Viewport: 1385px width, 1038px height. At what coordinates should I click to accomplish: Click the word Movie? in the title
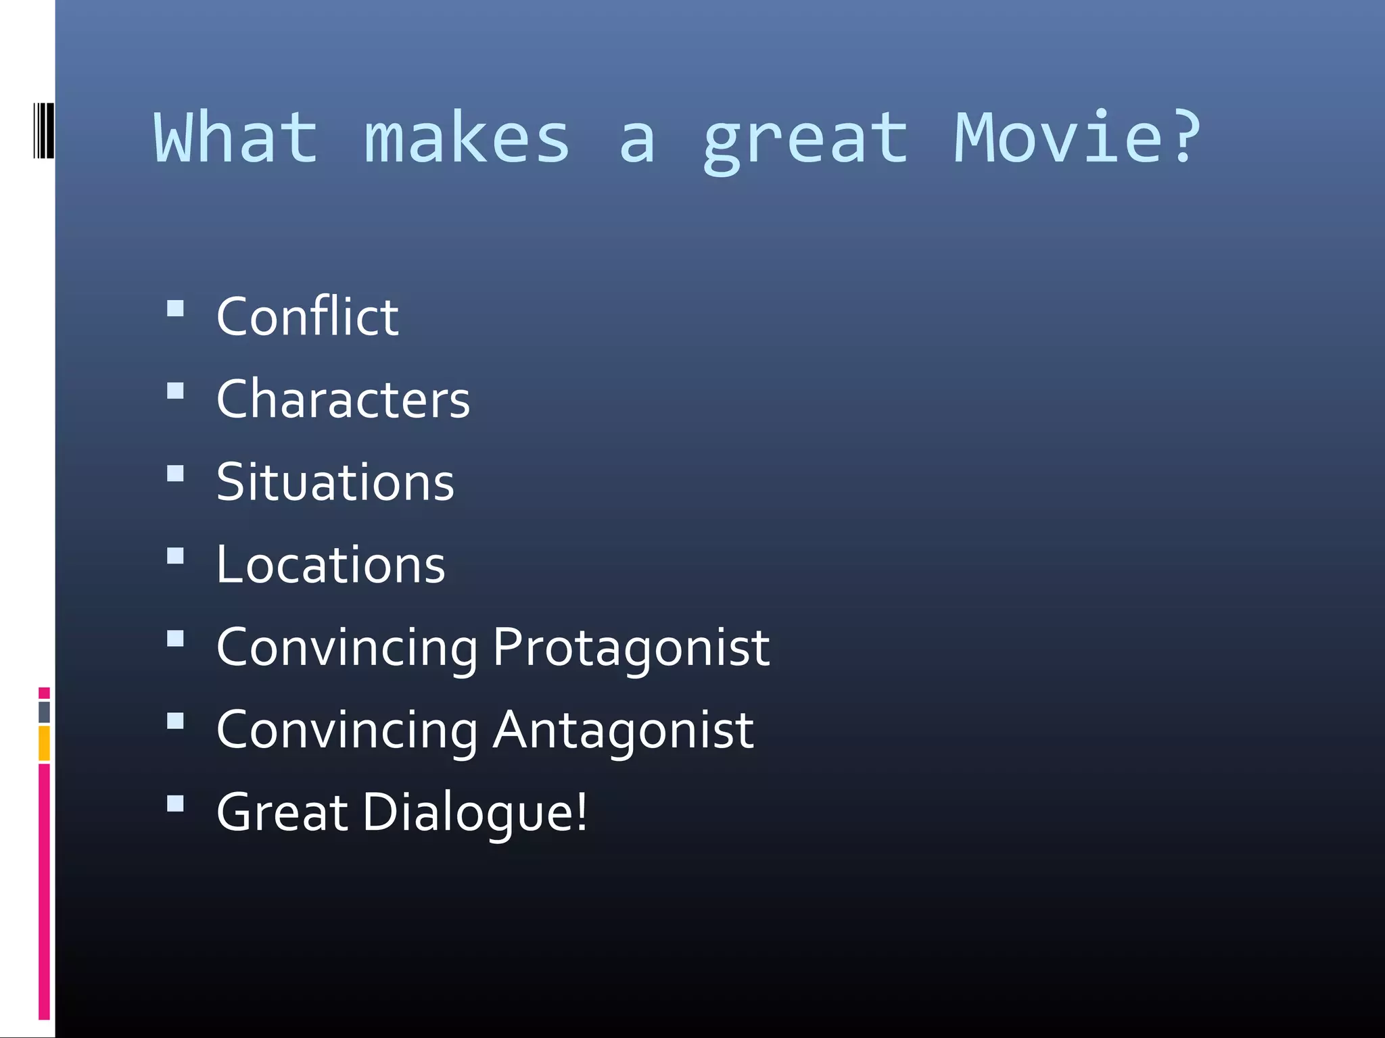[x=1077, y=138]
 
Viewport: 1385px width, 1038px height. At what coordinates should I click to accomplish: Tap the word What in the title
[x=236, y=138]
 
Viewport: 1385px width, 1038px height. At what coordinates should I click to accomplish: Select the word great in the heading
[x=805, y=142]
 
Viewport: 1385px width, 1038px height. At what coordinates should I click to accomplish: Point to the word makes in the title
[x=467, y=138]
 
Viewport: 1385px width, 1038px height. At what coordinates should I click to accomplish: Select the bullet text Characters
[x=343, y=399]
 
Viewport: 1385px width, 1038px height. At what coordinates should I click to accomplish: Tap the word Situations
[x=335, y=482]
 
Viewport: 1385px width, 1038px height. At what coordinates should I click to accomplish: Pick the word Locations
[x=331, y=564]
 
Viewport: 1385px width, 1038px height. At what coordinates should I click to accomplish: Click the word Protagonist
[x=631, y=647]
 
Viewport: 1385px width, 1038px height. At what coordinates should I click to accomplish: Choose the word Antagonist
[x=623, y=730]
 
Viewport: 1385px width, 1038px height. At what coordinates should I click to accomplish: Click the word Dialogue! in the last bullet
[x=475, y=812]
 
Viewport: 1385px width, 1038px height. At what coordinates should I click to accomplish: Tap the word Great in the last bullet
[x=282, y=812]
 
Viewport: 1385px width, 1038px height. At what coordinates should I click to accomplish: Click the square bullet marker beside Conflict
[x=175, y=309]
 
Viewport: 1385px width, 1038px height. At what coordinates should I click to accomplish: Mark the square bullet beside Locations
[x=175, y=556]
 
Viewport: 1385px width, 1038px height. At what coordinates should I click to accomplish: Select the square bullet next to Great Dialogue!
[x=175, y=803]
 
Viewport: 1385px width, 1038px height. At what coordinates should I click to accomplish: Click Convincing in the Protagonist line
[x=347, y=647]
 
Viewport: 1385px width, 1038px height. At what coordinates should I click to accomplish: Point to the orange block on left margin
[x=44, y=743]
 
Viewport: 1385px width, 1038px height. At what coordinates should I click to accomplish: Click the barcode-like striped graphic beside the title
[x=43, y=130]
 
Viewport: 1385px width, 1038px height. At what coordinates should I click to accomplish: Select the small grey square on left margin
[x=44, y=712]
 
